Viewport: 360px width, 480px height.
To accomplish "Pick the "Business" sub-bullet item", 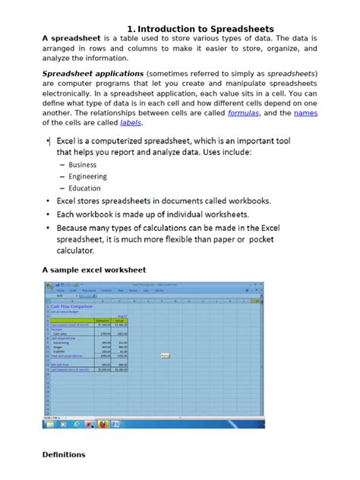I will pyautogui.click(x=82, y=165).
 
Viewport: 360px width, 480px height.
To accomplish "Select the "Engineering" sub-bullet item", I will pyautogui.click(x=87, y=177).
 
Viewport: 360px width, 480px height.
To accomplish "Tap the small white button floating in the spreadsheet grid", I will pyautogui.click(x=165, y=354).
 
